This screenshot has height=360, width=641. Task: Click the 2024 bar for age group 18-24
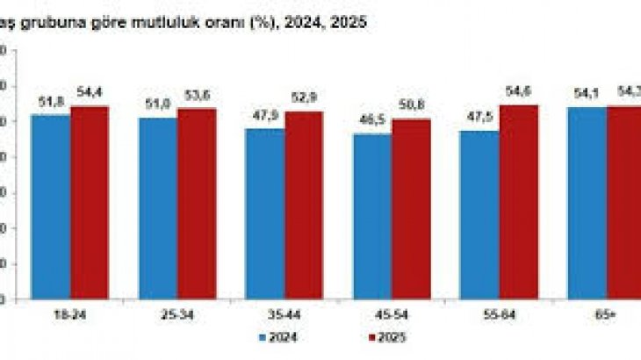point(51,206)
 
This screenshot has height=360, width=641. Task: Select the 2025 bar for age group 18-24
point(90,202)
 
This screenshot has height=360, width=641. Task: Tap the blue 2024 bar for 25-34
point(157,208)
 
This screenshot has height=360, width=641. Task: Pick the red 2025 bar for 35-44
point(304,205)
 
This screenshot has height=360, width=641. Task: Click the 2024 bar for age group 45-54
point(372,216)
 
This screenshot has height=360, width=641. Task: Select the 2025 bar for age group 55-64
point(519,202)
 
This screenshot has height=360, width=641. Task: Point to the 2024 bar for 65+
point(587,203)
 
